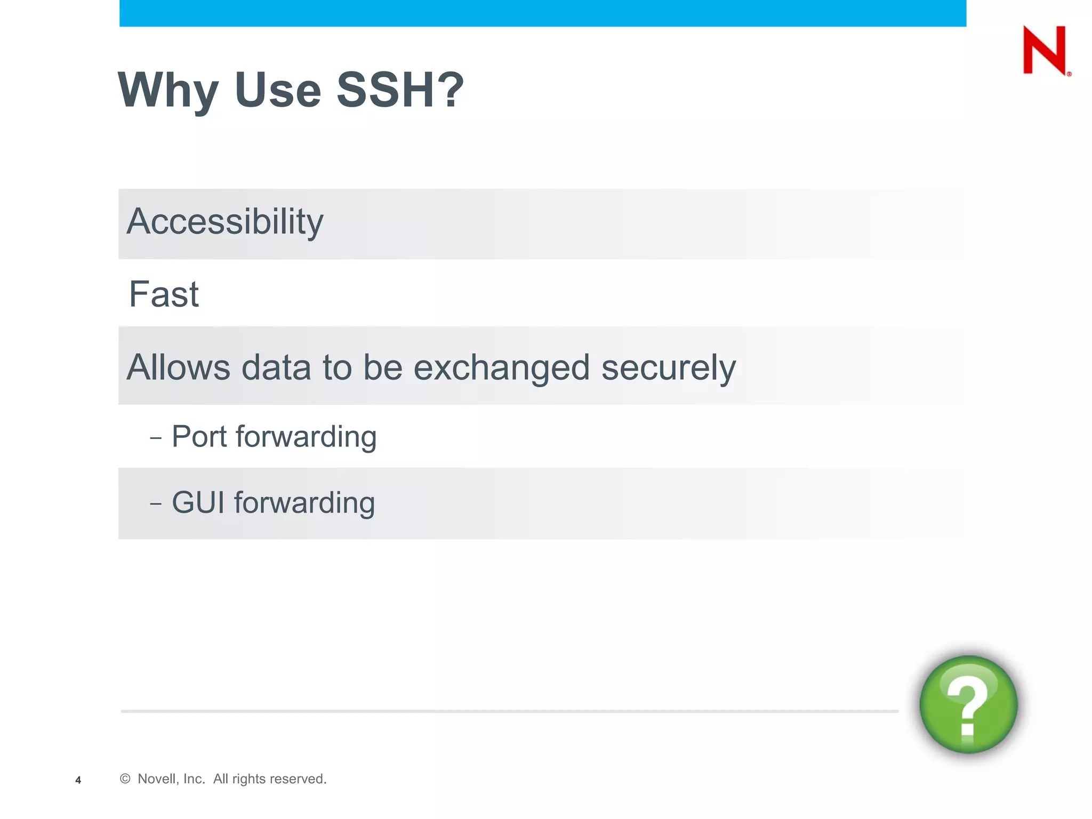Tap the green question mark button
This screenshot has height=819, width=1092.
click(968, 704)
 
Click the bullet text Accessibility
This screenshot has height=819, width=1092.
click(224, 222)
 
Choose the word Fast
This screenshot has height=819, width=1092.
click(164, 294)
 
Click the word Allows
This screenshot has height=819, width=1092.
click(178, 367)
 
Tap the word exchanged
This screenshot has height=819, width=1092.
click(501, 368)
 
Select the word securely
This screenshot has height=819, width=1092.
click(668, 368)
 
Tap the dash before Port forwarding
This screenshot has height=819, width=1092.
click(156, 438)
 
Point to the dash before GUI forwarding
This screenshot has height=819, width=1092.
click(156, 504)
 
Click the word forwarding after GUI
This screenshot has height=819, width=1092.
click(304, 503)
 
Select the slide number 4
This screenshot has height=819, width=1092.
click(78, 780)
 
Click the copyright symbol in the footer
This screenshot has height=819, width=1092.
click(125, 779)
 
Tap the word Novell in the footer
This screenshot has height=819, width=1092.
click(156, 779)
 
